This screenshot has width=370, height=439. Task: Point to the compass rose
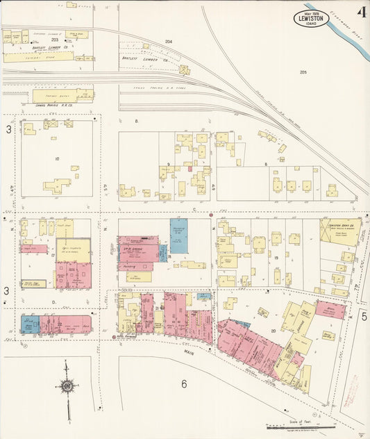[x=67, y=386]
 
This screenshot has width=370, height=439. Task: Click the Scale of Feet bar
[x=292, y=424]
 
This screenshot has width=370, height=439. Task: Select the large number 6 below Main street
[x=184, y=383]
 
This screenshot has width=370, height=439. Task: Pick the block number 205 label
[x=303, y=72]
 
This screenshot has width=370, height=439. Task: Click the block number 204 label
[x=168, y=42]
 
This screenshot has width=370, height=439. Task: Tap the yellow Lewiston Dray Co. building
[x=340, y=233]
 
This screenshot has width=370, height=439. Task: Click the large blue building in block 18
[x=179, y=235]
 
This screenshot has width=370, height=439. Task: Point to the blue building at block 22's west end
[x=30, y=324]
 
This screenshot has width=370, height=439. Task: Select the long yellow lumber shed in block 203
[x=38, y=57]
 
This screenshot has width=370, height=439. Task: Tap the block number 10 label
[x=58, y=158]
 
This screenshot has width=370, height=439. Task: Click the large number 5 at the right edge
[x=363, y=316]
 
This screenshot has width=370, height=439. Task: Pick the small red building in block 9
[x=190, y=167]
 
